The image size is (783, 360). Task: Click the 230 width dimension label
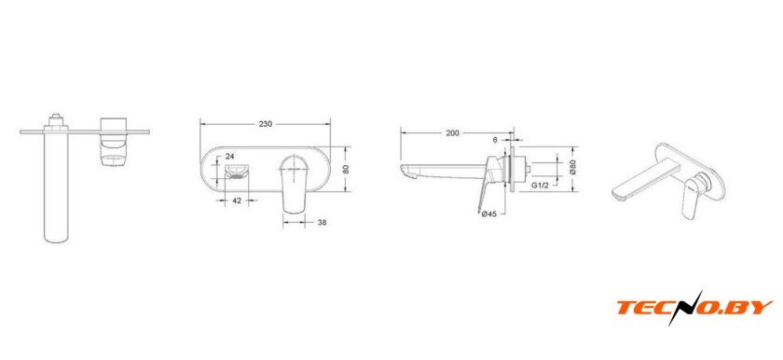(265, 124)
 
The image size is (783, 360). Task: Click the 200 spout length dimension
(452, 132)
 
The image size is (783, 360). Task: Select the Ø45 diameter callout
(488, 215)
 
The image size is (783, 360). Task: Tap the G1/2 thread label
(541, 186)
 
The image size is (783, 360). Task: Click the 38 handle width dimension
(323, 223)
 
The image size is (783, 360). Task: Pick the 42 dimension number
(237, 201)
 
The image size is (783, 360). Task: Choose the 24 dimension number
(230, 157)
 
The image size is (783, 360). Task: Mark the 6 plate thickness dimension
(495, 140)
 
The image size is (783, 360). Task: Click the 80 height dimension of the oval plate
(346, 169)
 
